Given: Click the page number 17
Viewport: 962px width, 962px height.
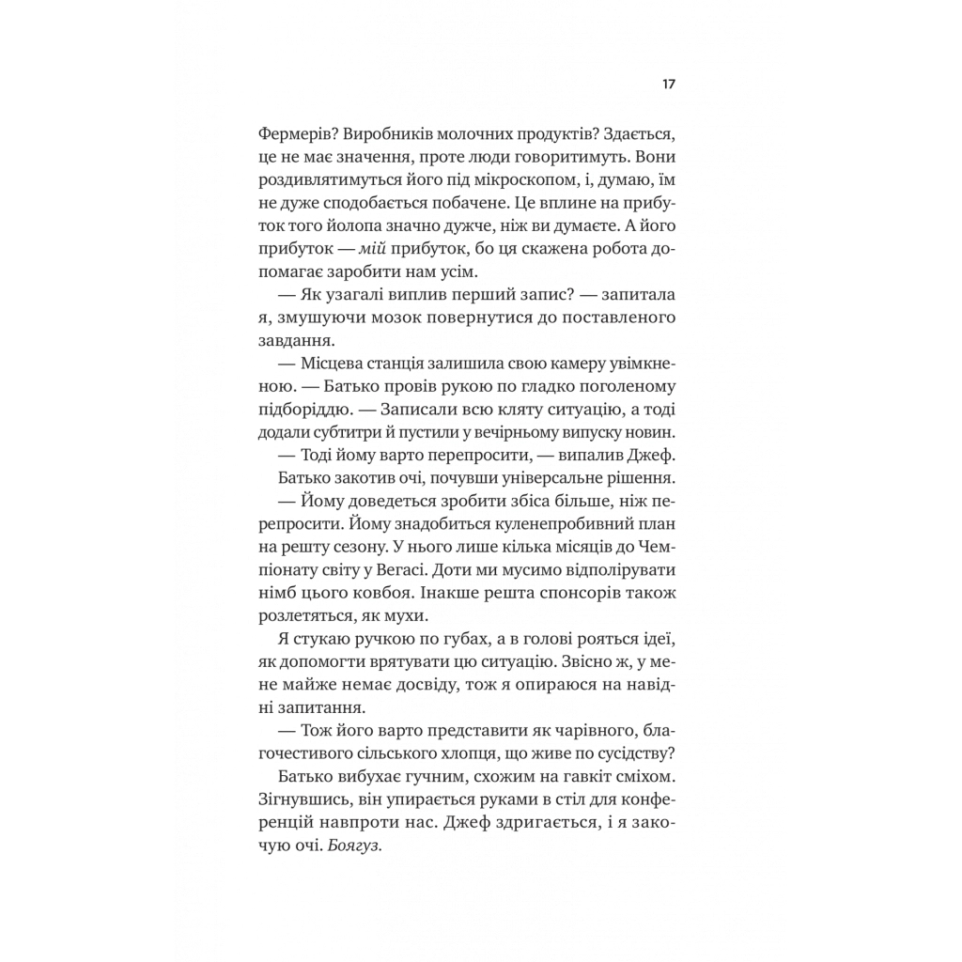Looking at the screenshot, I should pyautogui.click(x=668, y=85).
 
